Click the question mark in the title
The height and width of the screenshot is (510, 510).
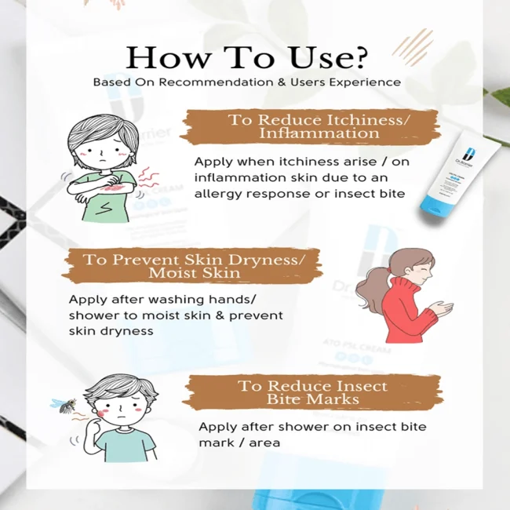[359, 57]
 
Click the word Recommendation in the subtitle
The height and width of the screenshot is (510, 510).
[216, 82]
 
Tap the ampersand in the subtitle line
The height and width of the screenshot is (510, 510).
[282, 82]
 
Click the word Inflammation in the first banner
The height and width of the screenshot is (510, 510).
[319, 133]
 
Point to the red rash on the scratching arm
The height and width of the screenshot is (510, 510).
[112, 188]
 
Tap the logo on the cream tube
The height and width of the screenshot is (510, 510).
[469, 154]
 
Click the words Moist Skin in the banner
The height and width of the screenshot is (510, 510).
[195, 273]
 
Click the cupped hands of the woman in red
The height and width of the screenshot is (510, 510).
[442, 308]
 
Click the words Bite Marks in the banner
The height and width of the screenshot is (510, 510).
[312, 399]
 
